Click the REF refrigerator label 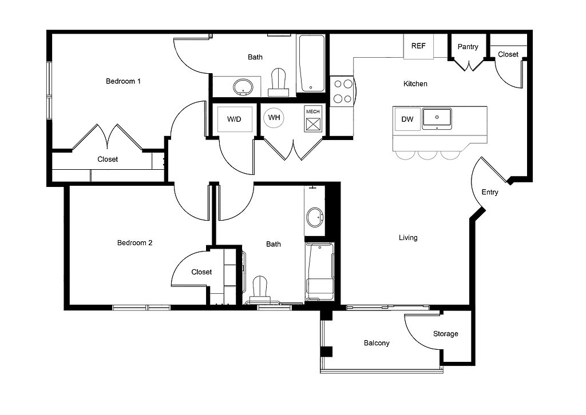pos(418,46)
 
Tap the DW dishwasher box pos(407,119)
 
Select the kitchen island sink pos(437,119)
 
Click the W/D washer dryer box pos(234,119)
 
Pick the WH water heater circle pos(274,118)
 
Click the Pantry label pos(468,47)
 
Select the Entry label pos(490,192)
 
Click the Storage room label pos(445,334)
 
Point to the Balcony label pos(377,343)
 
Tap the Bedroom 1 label pos(124,81)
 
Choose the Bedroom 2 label pos(135,242)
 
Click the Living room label pos(408,238)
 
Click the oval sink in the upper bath pos(243,87)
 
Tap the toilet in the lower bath pos(260,290)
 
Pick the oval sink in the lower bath pos(315,217)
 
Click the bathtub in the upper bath pos(311,63)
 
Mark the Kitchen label pos(415,83)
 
